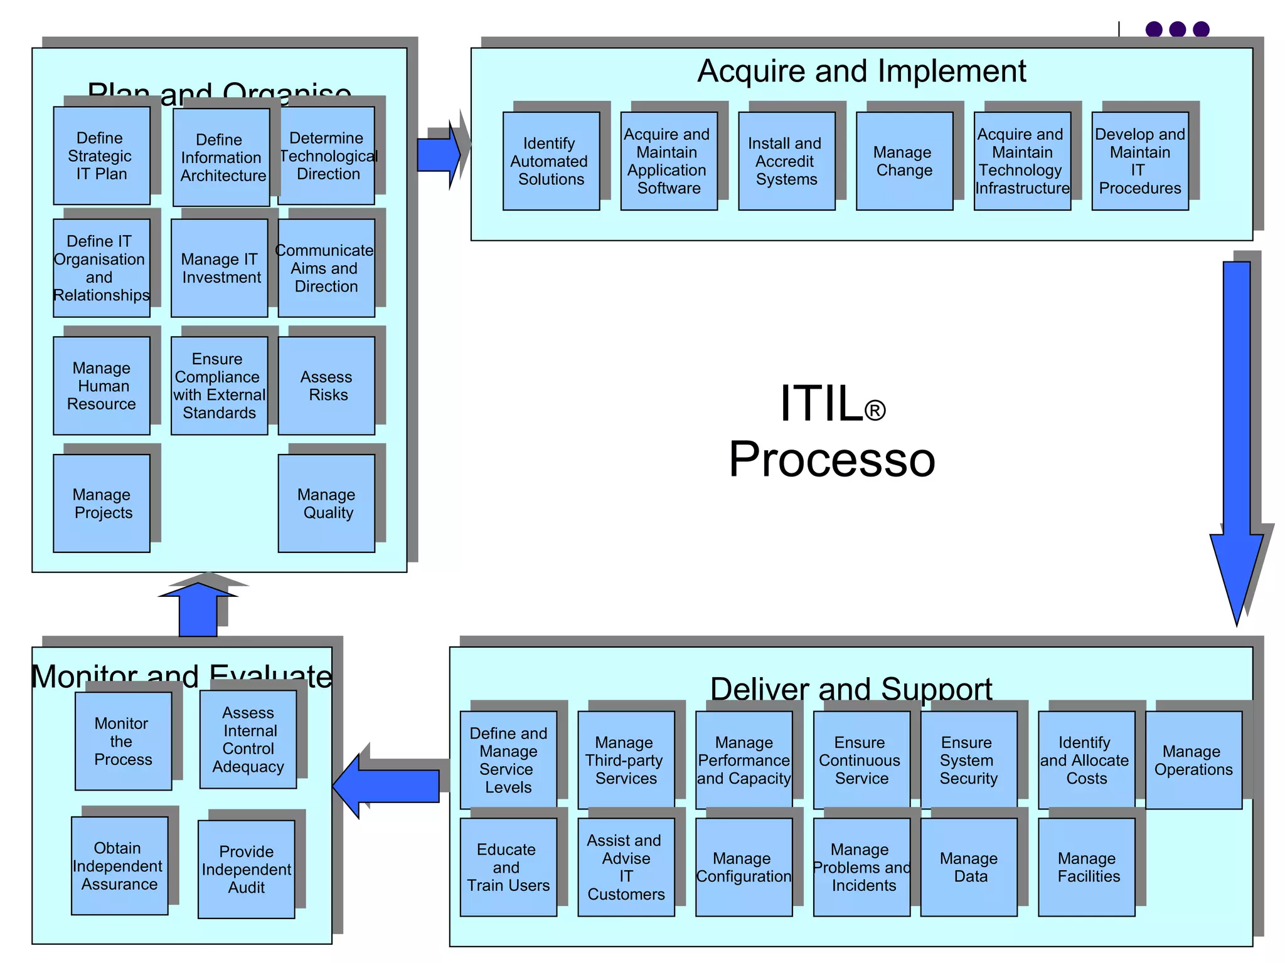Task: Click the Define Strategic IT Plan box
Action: pyautogui.click(x=101, y=155)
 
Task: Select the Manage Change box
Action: pyautogui.click(x=904, y=161)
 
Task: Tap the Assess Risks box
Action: pyautogui.click(x=326, y=386)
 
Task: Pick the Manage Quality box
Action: pyautogui.click(x=326, y=503)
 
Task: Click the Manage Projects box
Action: pyautogui.click(x=101, y=503)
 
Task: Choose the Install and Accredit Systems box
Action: pyautogui.click(x=786, y=161)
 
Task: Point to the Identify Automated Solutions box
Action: pyautogui.click(x=551, y=161)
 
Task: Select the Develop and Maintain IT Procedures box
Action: pyautogui.click(x=1139, y=161)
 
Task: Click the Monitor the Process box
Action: pyautogui.click(x=123, y=741)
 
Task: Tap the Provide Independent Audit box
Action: pyautogui.click(x=246, y=869)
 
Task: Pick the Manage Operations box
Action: pyautogui.click(x=1193, y=760)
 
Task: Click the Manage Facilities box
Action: pyautogui.click(x=1086, y=867)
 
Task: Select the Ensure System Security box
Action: pyautogui.click(x=968, y=760)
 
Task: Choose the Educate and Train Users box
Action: pyautogui.click(x=508, y=867)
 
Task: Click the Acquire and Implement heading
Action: pyautogui.click(x=861, y=71)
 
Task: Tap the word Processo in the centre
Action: pyautogui.click(x=831, y=460)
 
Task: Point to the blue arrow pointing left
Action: pyautogui.click(x=389, y=786)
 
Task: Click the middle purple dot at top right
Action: pyautogui.click(x=1177, y=29)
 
